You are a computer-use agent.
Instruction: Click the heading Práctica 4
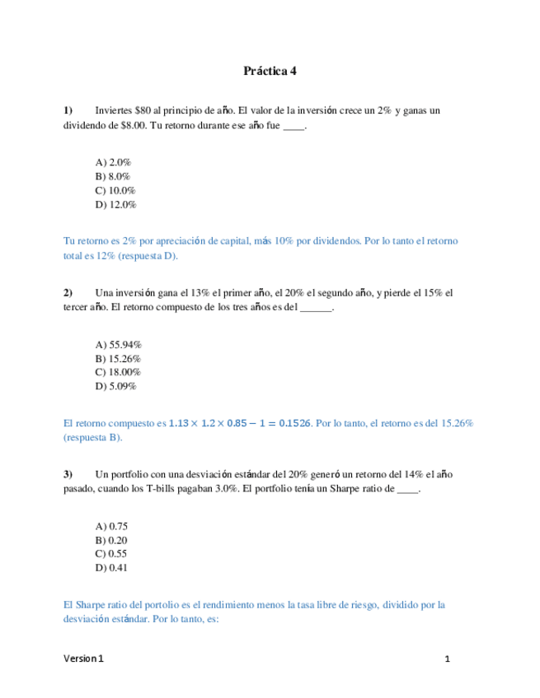[x=270, y=71]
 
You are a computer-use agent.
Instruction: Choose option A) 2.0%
[x=114, y=163]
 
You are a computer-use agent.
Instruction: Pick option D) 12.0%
[x=116, y=204]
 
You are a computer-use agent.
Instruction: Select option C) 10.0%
[x=116, y=190]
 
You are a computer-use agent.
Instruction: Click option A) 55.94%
[x=119, y=345]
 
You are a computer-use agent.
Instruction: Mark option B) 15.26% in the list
[x=119, y=359]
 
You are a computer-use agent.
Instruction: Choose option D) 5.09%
[x=116, y=386]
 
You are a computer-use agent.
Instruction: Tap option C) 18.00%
[x=119, y=372]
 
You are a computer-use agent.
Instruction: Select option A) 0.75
[x=112, y=526]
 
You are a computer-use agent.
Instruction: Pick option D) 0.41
[x=112, y=567]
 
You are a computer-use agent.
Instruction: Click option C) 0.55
[x=112, y=554]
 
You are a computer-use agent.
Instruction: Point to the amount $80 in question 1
[x=142, y=110]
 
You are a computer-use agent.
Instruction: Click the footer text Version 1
[x=84, y=659]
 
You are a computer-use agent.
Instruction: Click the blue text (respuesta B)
[x=92, y=438]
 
